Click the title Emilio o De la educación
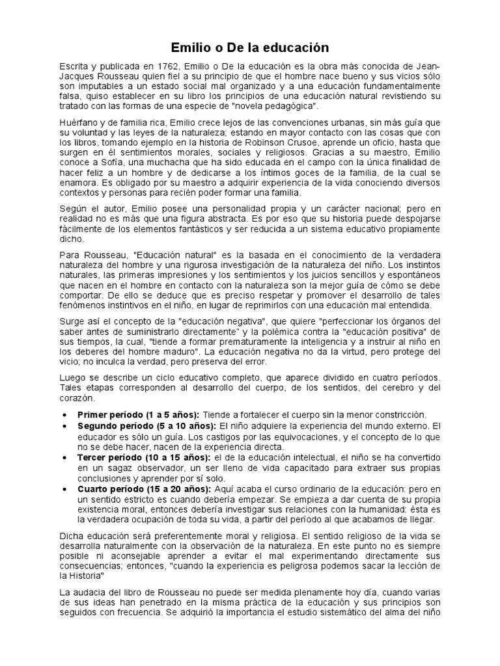pos(249,48)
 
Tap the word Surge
pos(72,322)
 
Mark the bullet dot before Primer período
pos(64,415)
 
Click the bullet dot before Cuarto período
pos(64,488)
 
